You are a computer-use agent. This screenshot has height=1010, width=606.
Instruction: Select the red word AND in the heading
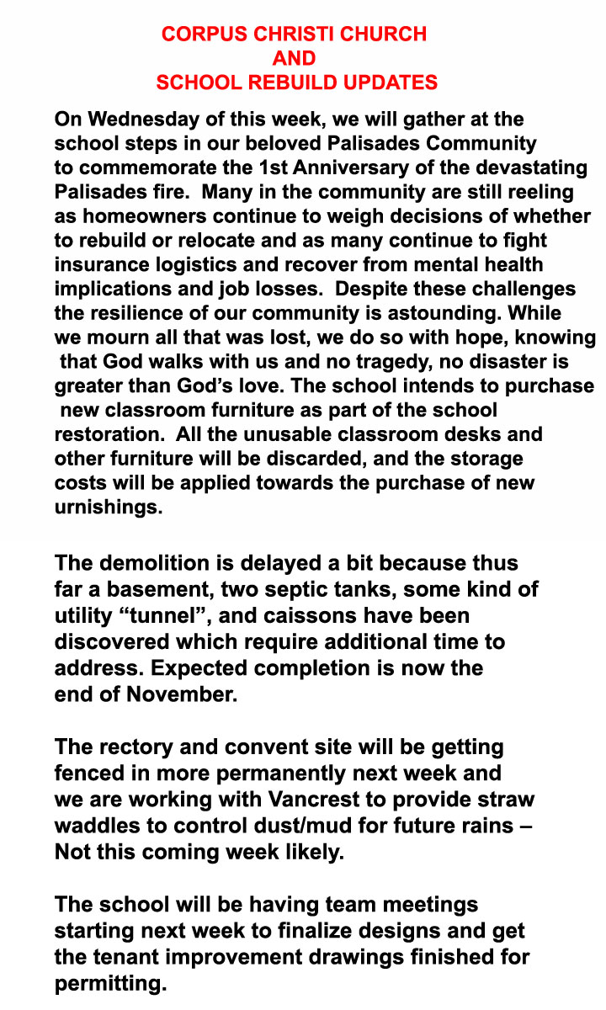tap(294, 58)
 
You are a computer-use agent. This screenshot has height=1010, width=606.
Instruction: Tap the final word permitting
tap(110, 983)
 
